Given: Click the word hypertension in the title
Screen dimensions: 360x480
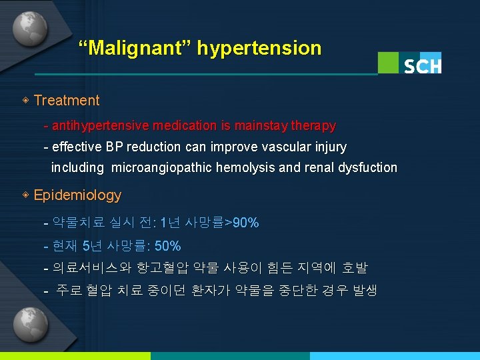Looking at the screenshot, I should pos(259,48).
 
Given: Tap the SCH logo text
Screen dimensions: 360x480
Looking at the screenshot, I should pos(423,65).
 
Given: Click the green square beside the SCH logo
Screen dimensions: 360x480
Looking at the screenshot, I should pos(388,62).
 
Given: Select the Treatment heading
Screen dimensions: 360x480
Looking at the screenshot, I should pos(66,101).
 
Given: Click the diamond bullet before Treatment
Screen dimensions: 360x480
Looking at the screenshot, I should pos(25,101).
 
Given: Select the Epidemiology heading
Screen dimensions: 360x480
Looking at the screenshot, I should pos(77,195).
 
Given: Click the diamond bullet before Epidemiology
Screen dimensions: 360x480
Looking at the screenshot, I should pos(25,195).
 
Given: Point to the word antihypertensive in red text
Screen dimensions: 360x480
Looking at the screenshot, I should pos(100,125).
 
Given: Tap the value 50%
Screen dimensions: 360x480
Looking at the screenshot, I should pos(167,246).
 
